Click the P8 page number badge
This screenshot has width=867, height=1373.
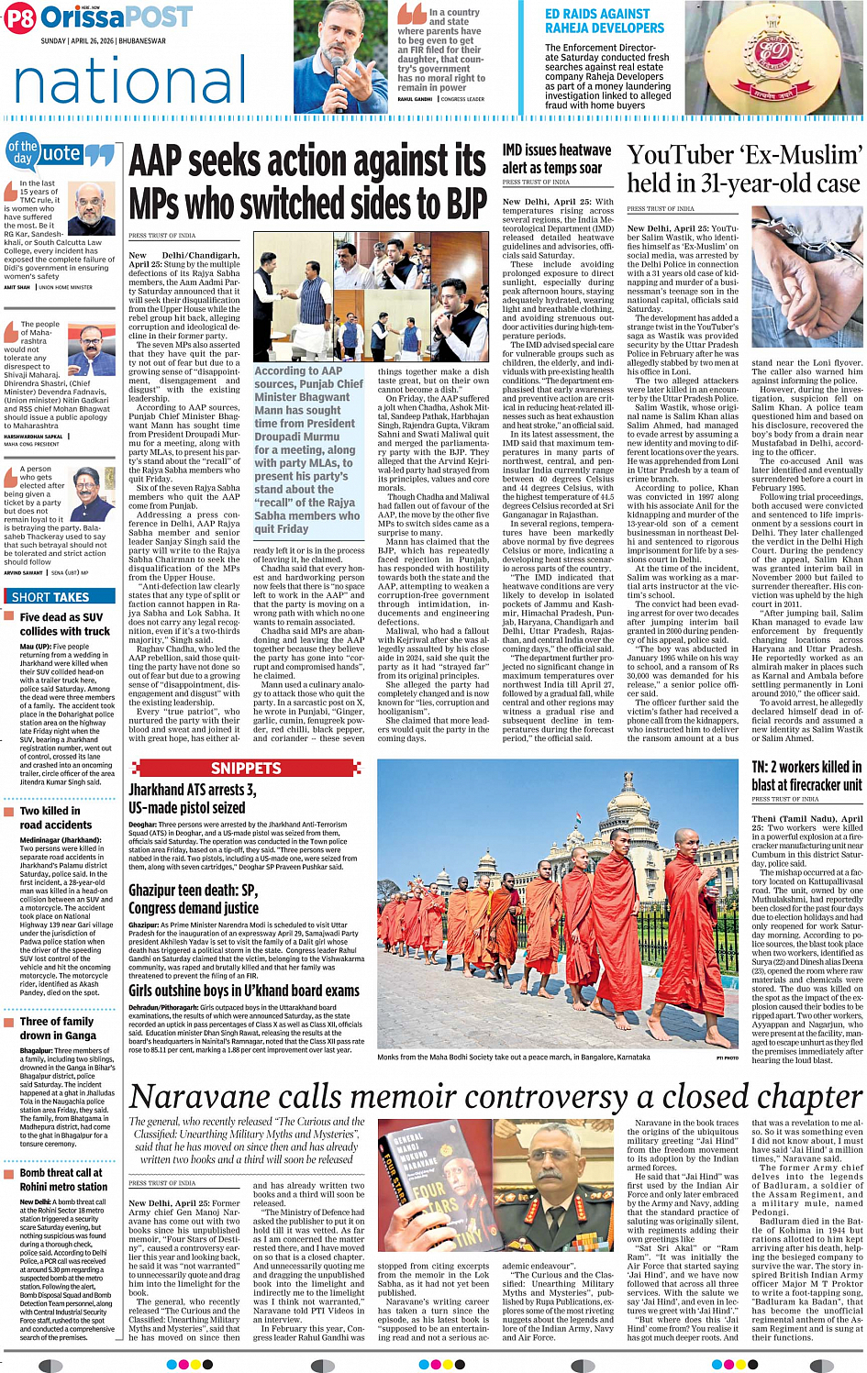[20, 18]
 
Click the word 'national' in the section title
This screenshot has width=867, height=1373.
[131, 81]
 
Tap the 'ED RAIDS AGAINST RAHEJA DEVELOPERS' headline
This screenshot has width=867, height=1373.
[604, 21]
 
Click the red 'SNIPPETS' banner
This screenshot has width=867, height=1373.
[246, 768]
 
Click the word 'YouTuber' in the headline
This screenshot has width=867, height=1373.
[681, 156]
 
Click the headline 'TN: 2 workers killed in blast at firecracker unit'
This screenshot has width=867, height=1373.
[806, 775]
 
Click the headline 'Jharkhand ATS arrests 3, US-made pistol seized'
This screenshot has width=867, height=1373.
[192, 798]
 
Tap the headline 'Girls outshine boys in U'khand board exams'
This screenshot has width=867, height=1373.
[243, 991]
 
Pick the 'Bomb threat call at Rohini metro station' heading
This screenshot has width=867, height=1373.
[63, 1179]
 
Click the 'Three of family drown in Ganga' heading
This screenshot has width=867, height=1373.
[57, 1028]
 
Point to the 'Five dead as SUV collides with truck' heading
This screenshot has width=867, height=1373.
[64, 625]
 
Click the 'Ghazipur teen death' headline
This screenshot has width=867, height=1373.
[193, 899]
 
